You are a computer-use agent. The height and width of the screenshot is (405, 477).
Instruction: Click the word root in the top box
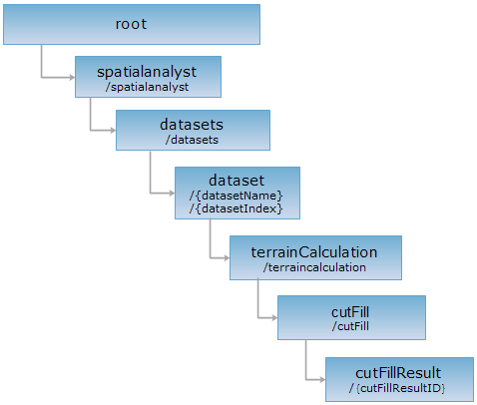(131, 24)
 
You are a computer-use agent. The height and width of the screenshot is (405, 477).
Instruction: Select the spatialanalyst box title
(147, 72)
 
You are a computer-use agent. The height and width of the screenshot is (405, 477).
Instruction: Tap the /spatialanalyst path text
(147, 87)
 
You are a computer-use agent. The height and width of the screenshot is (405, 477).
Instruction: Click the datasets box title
(192, 125)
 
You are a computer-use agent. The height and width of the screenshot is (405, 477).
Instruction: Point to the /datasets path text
(192, 140)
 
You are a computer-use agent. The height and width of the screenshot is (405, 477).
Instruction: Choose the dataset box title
(237, 181)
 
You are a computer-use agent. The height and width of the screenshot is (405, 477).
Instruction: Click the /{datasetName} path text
(237, 196)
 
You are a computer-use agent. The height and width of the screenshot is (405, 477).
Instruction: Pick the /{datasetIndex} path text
(237, 208)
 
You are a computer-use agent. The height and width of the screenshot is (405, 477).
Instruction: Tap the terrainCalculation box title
(314, 252)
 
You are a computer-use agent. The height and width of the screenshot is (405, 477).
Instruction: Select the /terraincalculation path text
(314, 267)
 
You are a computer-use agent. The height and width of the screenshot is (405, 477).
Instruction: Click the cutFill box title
(350, 312)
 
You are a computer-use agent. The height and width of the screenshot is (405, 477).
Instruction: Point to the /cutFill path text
(350, 326)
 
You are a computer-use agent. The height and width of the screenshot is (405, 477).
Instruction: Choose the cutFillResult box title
(398, 373)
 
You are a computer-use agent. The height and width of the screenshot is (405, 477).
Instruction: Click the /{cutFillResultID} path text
(397, 388)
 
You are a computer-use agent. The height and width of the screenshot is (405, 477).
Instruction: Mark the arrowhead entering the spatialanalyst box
(72, 78)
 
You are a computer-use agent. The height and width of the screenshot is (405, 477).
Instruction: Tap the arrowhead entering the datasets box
(113, 130)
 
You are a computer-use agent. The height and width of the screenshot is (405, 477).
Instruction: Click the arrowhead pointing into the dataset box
(172, 193)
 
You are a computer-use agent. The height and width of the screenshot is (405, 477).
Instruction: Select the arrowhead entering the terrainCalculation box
(227, 257)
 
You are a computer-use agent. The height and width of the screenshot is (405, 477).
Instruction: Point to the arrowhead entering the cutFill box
(274, 318)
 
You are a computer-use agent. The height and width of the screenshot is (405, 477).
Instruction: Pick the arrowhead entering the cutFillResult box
(322, 379)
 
